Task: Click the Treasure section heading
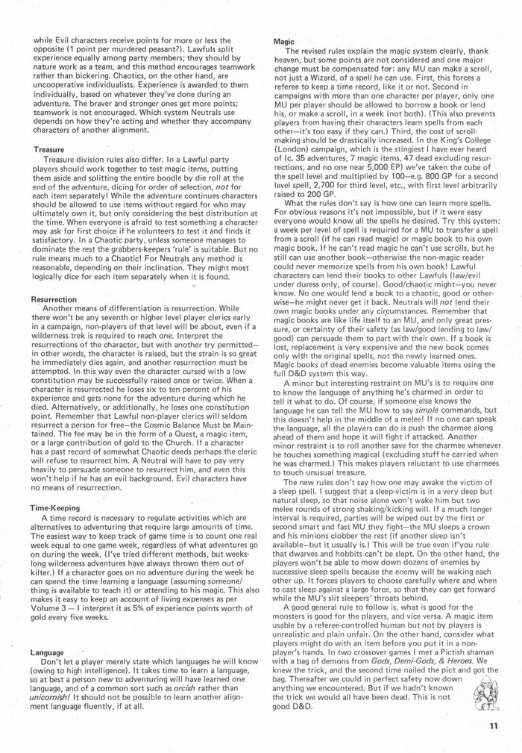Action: [x=48, y=150]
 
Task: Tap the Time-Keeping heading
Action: [x=57, y=507]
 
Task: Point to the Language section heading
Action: [x=47, y=652]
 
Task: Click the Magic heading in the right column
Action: [x=284, y=41]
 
